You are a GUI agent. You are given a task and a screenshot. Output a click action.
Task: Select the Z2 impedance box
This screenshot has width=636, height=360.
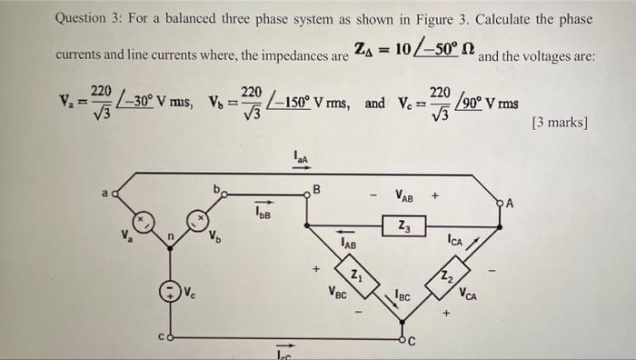tap(446, 275)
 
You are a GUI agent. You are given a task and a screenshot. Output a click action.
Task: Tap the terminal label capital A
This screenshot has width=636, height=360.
tap(512, 203)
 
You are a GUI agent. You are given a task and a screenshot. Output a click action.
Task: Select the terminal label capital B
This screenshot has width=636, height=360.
tap(316, 191)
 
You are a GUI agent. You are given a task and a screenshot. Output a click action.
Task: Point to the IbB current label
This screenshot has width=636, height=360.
tap(263, 213)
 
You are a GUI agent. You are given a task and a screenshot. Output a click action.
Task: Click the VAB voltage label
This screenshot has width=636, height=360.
tap(405, 194)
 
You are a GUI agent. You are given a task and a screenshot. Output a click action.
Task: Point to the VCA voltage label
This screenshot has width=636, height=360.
tap(469, 295)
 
